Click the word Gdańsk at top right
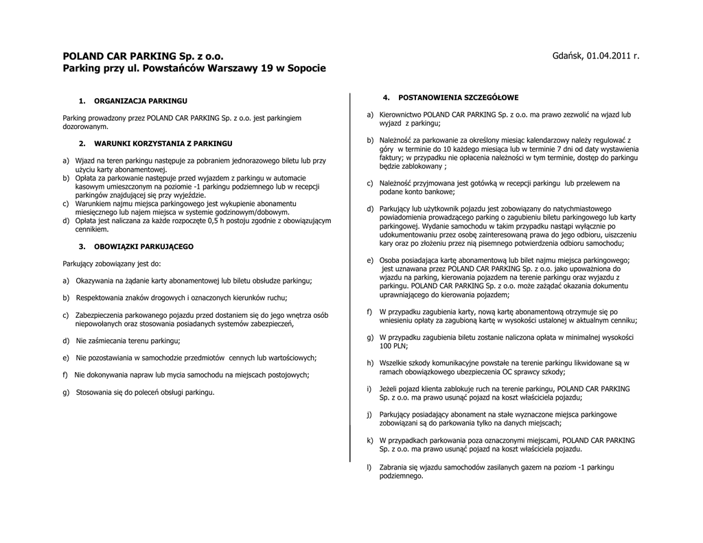(567, 55)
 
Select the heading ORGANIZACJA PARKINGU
(140, 101)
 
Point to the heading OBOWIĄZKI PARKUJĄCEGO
(143, 246)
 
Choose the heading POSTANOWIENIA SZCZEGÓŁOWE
(459, 97)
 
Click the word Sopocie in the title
(307, 69)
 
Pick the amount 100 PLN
(394, 346)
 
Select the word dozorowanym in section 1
(86, 127)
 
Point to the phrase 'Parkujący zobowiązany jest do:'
(112, 264)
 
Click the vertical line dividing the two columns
(350, 275)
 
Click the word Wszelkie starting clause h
(393, 363)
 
